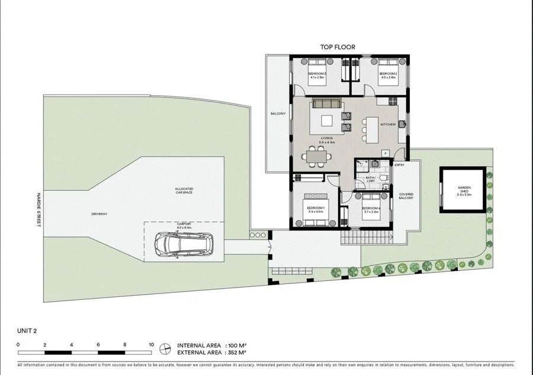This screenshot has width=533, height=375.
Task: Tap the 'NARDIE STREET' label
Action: click(x=36, y=212)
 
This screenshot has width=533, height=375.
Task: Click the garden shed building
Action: click(x=463, y=190)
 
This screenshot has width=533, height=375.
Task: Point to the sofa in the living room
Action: click(x=327, y=104)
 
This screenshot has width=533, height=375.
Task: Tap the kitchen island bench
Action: click(x=371, y=129)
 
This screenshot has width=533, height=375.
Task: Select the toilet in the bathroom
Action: click(x=383, y=177)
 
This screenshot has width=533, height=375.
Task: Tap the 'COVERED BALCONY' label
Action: click(x=406, y=196)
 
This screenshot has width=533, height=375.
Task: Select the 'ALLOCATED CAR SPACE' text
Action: click(x=184, y=190)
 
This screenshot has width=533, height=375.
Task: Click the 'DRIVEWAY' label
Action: click(x=99, y=214)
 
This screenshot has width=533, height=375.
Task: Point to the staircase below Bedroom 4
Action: click(x=367, y=237)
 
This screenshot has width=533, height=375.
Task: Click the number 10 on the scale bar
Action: click(x=151, y=344)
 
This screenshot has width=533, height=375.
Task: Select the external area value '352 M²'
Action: click(x=235, y=353)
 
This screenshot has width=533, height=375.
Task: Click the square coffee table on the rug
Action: click(x=327, y=121)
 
